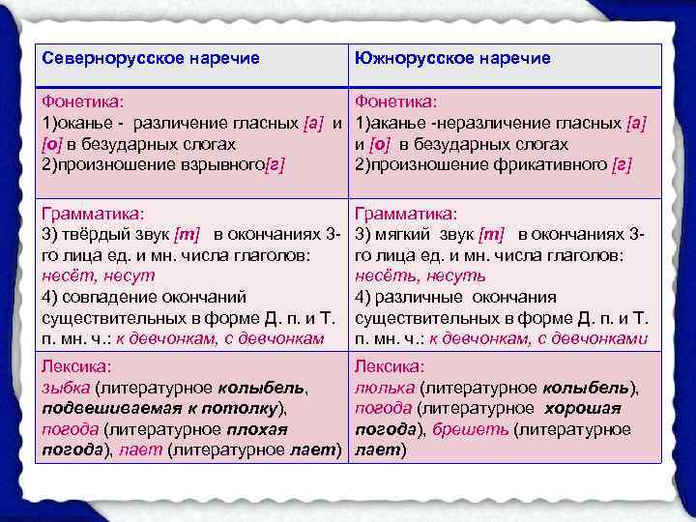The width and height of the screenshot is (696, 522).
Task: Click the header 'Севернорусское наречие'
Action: pos(150,59)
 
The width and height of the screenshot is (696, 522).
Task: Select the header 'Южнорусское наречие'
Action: pos(452,59)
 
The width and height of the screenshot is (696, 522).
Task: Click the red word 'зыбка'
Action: pos(63,388)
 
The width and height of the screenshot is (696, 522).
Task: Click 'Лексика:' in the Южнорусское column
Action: pos(390,366)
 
